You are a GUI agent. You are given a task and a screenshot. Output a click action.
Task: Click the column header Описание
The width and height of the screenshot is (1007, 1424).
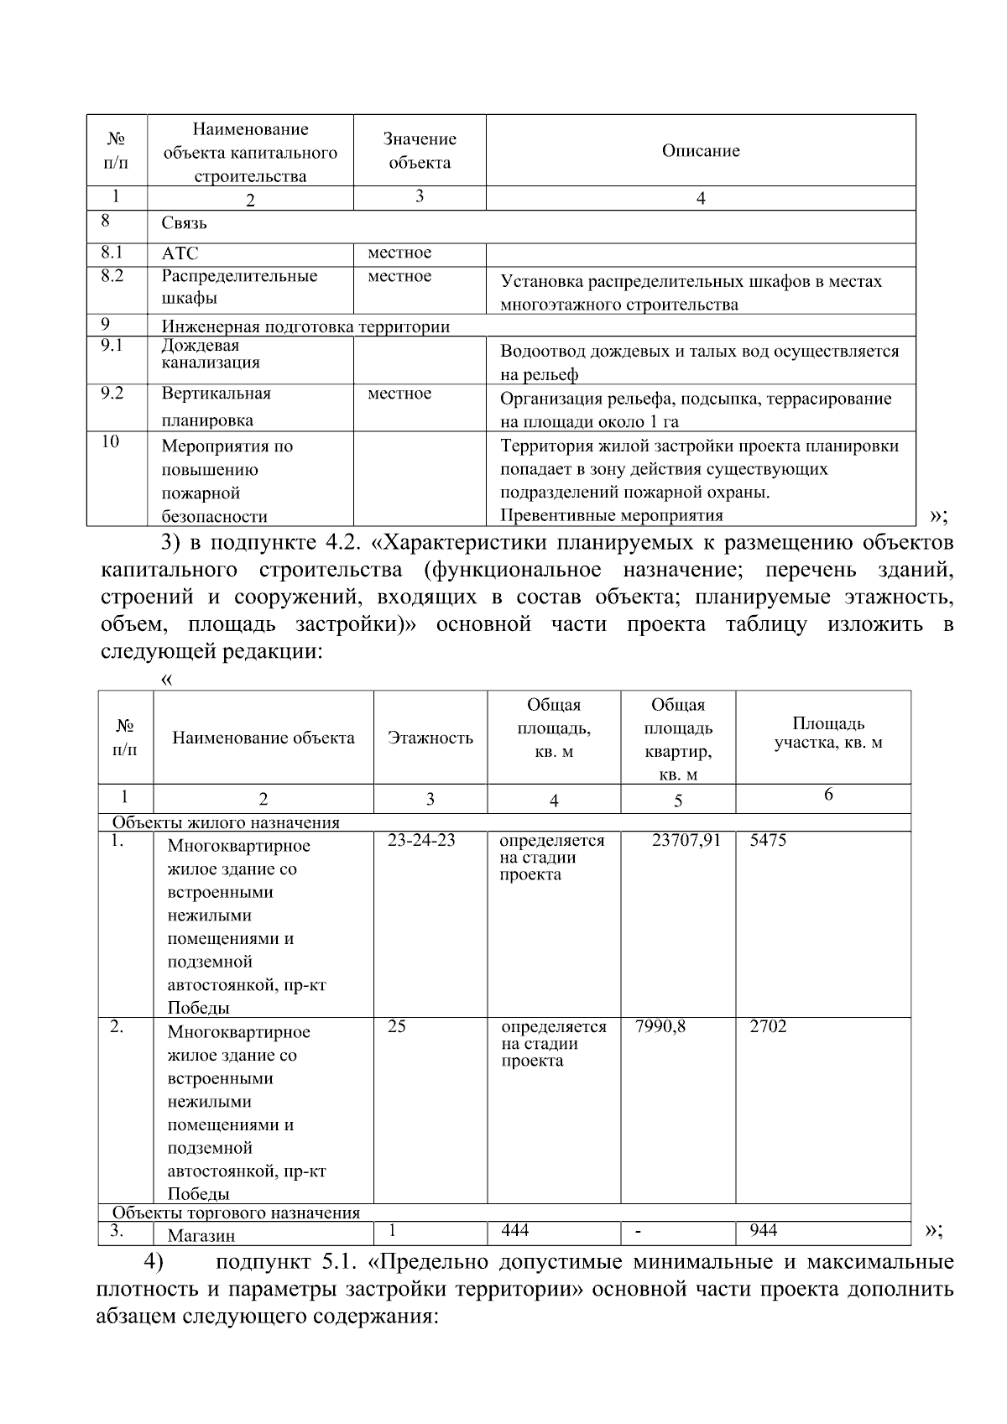(701, 151)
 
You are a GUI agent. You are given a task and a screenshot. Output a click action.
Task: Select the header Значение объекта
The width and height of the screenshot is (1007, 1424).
(420, 151)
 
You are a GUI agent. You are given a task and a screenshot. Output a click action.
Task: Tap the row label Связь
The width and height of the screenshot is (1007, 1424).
(185, 223)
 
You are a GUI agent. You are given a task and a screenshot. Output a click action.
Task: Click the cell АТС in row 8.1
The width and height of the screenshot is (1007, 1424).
(180, 253)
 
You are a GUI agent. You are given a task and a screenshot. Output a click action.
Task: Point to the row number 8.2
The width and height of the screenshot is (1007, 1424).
(112, 275)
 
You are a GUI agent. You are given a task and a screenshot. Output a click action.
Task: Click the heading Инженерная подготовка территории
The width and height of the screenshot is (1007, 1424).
(305, 327)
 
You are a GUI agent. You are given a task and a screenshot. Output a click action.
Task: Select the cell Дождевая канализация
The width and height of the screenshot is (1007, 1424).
(210, 354)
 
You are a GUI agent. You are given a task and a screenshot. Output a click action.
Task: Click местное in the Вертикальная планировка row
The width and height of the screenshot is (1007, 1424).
(399, 394)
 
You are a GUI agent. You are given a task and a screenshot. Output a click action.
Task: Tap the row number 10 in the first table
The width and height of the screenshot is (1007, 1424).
(110, 441)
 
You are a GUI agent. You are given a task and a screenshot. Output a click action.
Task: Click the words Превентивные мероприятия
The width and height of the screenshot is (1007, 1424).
(611, 515)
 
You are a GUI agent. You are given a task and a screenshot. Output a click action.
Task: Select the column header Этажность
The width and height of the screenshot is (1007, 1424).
(430, 738)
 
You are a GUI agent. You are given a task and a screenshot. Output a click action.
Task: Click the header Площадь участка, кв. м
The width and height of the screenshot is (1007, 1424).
(827, 733)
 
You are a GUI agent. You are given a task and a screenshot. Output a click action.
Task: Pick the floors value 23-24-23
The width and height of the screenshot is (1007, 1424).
(421, 840)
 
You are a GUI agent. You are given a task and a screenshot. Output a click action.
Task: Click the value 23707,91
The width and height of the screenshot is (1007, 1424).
(686, 840)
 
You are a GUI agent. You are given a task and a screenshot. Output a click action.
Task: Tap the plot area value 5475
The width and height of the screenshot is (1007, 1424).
(768, 840)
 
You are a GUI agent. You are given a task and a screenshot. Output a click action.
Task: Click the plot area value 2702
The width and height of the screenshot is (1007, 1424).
(768, 1026)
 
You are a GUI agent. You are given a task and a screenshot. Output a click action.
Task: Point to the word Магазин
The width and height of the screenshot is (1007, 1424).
(201, 1235)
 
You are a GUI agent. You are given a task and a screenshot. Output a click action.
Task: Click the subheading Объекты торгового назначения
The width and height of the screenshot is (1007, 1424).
(236, 1213)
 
